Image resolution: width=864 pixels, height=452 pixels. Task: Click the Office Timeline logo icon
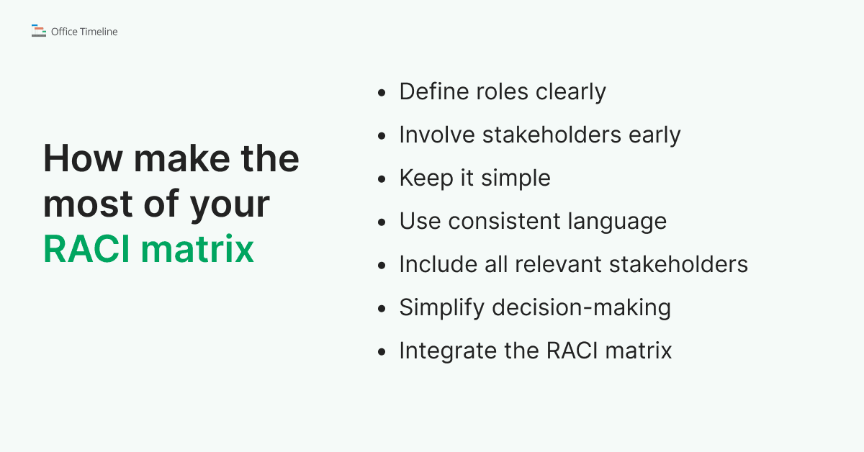[39, 31]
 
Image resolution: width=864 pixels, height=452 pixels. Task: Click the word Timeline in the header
[99, 32]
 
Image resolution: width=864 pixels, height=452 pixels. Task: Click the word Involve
[437, 135]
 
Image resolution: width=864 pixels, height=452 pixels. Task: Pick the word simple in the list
[516, 178]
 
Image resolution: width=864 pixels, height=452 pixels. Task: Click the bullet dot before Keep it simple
[382, 179]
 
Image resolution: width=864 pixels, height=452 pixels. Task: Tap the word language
[623, 222]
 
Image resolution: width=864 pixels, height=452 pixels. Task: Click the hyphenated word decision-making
[582, 308]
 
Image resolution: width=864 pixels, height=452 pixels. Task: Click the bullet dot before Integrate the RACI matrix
[382, 352]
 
